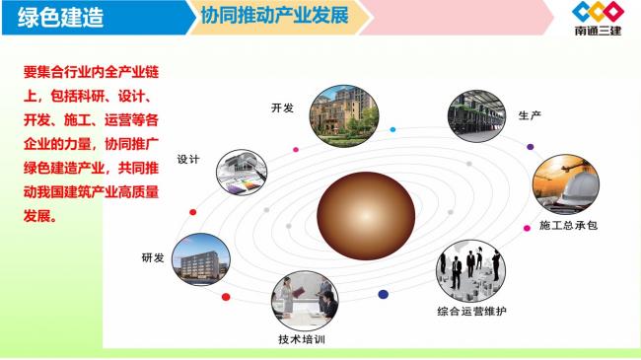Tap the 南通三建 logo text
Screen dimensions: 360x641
(x=598, y=30)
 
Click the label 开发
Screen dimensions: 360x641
(x=282, y=108)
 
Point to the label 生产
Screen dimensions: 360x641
(x=530, y=116)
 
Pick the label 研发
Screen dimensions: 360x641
(x=154, y=258)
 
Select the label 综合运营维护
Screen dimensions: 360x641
(x=472, y=312)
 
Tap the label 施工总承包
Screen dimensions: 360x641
(x=568, y=226)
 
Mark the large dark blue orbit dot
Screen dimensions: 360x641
(x=383, y=294)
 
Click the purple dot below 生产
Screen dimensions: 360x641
(x=530, y=147)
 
